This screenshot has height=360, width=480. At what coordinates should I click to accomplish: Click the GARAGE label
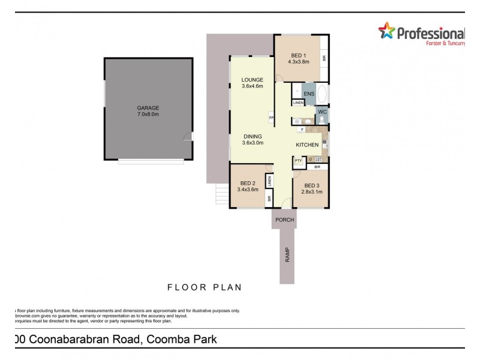pyautogui.click(x=148, y=108)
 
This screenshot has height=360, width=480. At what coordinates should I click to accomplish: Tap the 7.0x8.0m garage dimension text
pyautogui.click(x=148, y=114)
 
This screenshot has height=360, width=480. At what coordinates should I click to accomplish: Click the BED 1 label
pyautogui.click(x=298, y=55)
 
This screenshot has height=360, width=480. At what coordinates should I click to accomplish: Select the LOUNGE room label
pyautogui.click(x=253, y=80)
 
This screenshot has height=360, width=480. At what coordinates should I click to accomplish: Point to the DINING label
pyautogui.click(x=253, y=136)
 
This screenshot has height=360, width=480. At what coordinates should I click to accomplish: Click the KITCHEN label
pyautogui.click(x=307, y=146)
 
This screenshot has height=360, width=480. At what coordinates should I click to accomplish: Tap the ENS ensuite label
pyautogui.click(x=309, y=94)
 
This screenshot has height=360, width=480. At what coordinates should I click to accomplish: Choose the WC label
pyautogui.click(x=322, y=112)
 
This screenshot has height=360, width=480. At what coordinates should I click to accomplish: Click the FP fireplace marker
pyautogui.click(x=271, y=118)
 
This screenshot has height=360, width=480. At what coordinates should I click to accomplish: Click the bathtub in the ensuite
pyautogui.click(x=322, y=94)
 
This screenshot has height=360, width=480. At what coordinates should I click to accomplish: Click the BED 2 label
pyautogui.click(x=248, y=184)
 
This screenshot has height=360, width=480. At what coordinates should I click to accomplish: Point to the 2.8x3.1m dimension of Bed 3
pyautogui.click(x=312, y=192)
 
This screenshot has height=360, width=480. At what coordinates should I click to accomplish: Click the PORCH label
pyautogui.click(x=284, y=220)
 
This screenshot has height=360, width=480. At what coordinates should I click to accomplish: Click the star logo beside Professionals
pyautogui.click(x=386, y=32)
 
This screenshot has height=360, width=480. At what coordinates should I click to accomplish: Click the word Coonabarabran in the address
pyautogui.click(x=84, y=340)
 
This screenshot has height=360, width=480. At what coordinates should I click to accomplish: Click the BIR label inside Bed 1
pyautogui.click(x=324, y=58)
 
